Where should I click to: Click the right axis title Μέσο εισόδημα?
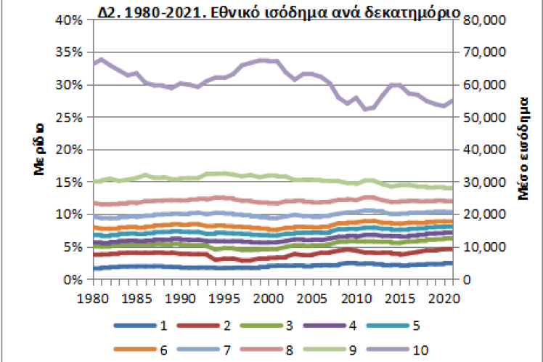click(x=521, y=149)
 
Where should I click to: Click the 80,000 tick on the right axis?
click(x=478, y=20)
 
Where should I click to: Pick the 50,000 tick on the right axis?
click(x=478, y=117)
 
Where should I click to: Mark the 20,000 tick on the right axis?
click(x=478, y=214)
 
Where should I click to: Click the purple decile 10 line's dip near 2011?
click(x=365, y=109)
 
